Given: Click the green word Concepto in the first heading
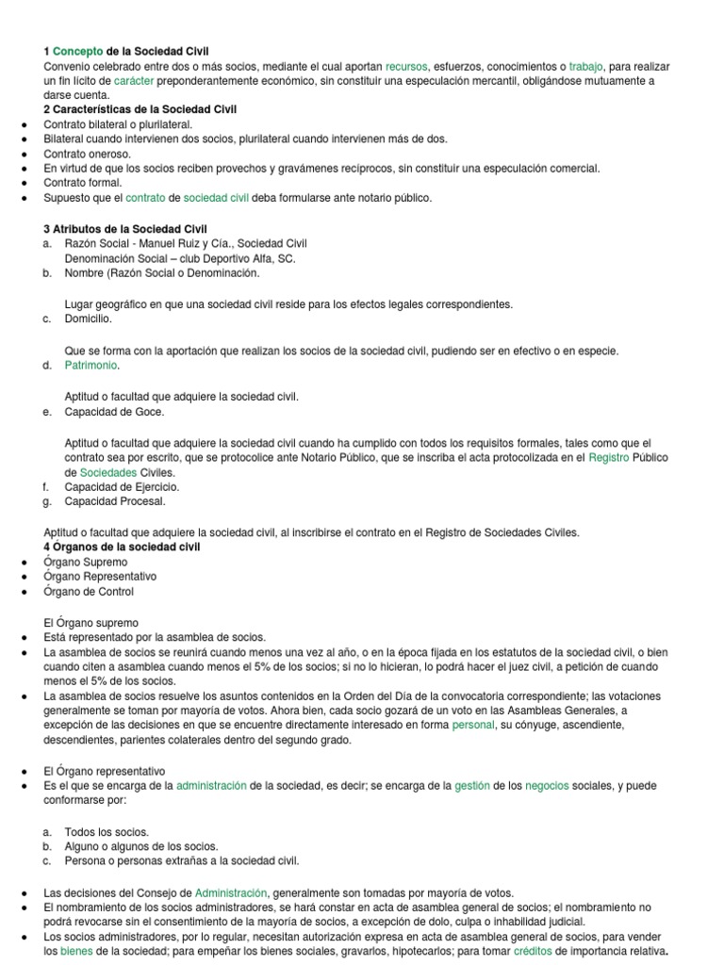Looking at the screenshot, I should [77, 51].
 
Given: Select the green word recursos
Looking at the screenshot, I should [406, 66].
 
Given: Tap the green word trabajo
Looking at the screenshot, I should [584, 66].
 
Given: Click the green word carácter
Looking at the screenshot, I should [135, 81].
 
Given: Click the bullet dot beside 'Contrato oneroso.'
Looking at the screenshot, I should [22, 155].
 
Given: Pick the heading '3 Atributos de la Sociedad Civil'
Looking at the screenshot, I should [125, 229].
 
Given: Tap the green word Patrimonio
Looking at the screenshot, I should [92, 365].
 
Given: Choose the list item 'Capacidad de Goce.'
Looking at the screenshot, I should [114, 411].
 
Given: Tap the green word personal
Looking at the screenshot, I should [473, 725].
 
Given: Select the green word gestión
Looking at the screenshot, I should [472, 785].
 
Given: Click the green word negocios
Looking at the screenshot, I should [547, 785].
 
